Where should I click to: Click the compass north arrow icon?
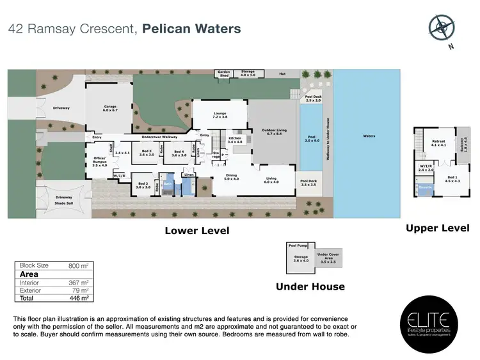(442, 27)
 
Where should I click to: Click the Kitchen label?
(235, 139)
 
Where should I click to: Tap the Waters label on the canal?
(368, 136)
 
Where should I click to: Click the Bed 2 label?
(143, 185)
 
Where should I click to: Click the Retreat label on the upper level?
(438, 143)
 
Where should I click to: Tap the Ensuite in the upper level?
(424, 187)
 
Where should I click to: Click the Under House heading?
(310, 286)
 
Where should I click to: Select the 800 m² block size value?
(77, 265)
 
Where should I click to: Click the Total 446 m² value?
(78, 298)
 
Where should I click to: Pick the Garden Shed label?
(223, 74)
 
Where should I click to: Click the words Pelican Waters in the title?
(191, 29)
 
